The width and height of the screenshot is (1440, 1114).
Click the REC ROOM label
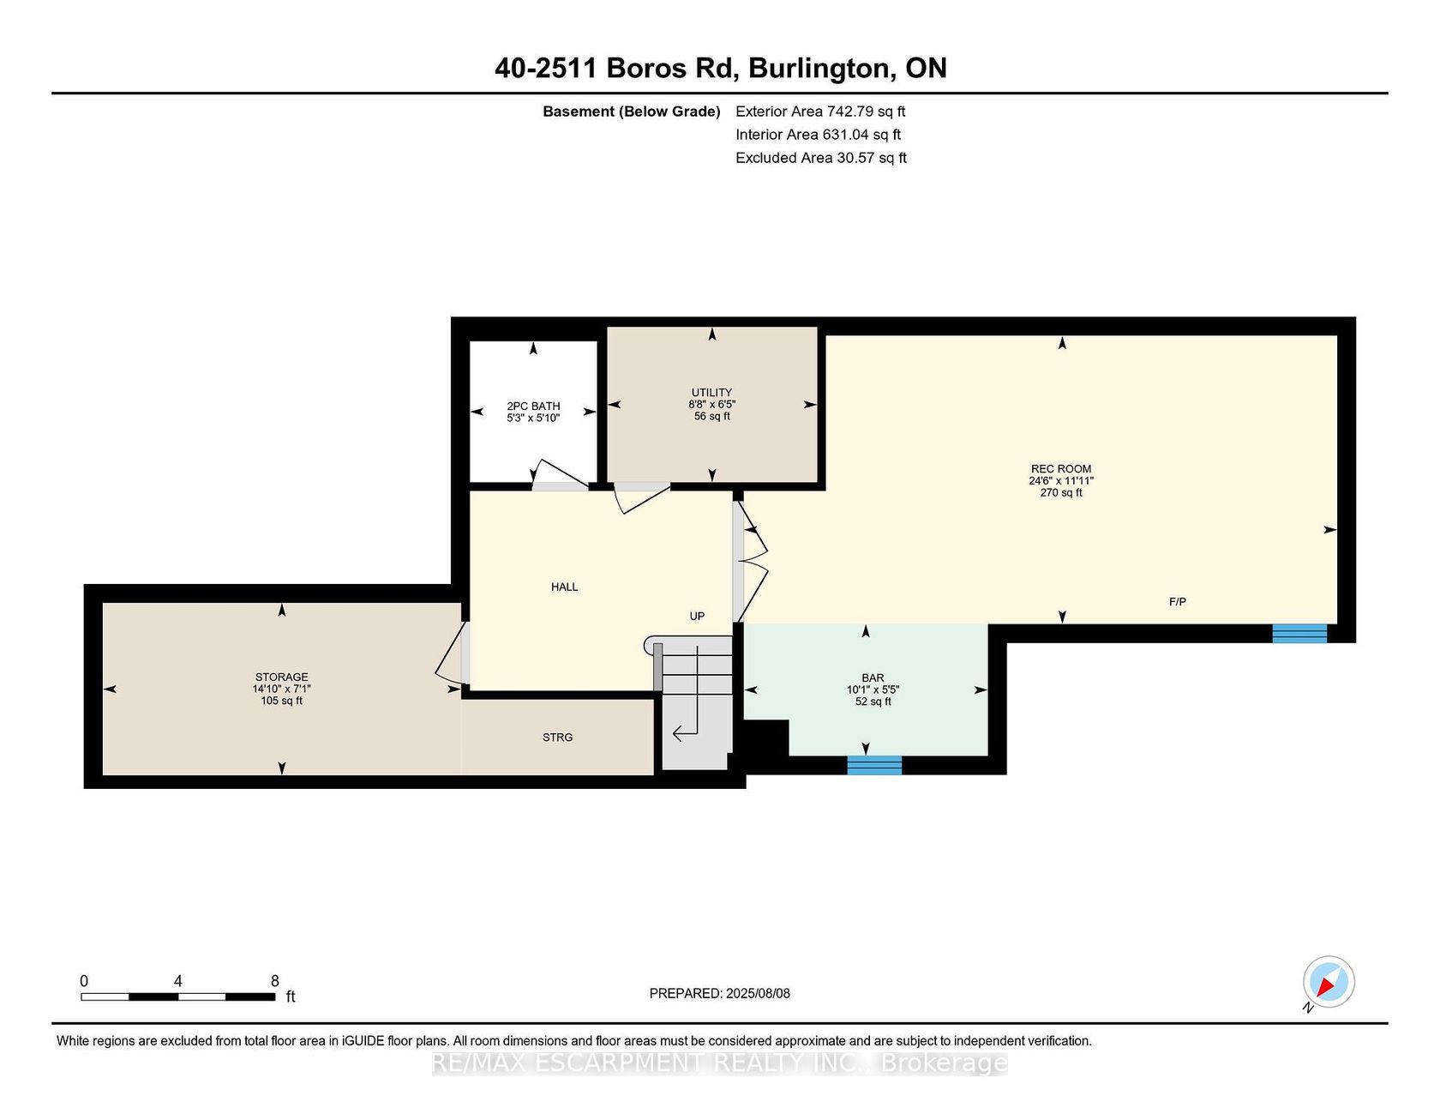click(x=1061, y=469)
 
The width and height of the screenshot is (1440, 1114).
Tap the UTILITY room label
click(x=711, y=393)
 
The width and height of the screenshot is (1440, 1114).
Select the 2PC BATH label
click(x=533, y=406)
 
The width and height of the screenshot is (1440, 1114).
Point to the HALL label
click(x=564, y=587)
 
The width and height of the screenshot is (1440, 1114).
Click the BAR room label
click(x=873, y=677)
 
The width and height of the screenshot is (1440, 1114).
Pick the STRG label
click(x=557, y=738)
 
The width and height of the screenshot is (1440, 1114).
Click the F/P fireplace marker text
click(x=1178, y=602)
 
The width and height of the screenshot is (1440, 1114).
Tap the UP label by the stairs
click(x=697, y=617)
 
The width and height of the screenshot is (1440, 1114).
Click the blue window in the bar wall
click(x=874, y=765)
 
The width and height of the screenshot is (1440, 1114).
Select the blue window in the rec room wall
click(x=1299, y=634)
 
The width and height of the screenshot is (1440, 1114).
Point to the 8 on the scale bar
click(x=275, y=981)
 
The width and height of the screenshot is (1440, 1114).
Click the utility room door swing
click(x=640, y=498)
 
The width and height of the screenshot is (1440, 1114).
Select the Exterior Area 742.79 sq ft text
click(x=820, y=111)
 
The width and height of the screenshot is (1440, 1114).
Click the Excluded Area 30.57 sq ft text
click(x=821, y=158)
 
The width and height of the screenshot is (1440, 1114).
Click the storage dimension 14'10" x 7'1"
click(x=281, y=689)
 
